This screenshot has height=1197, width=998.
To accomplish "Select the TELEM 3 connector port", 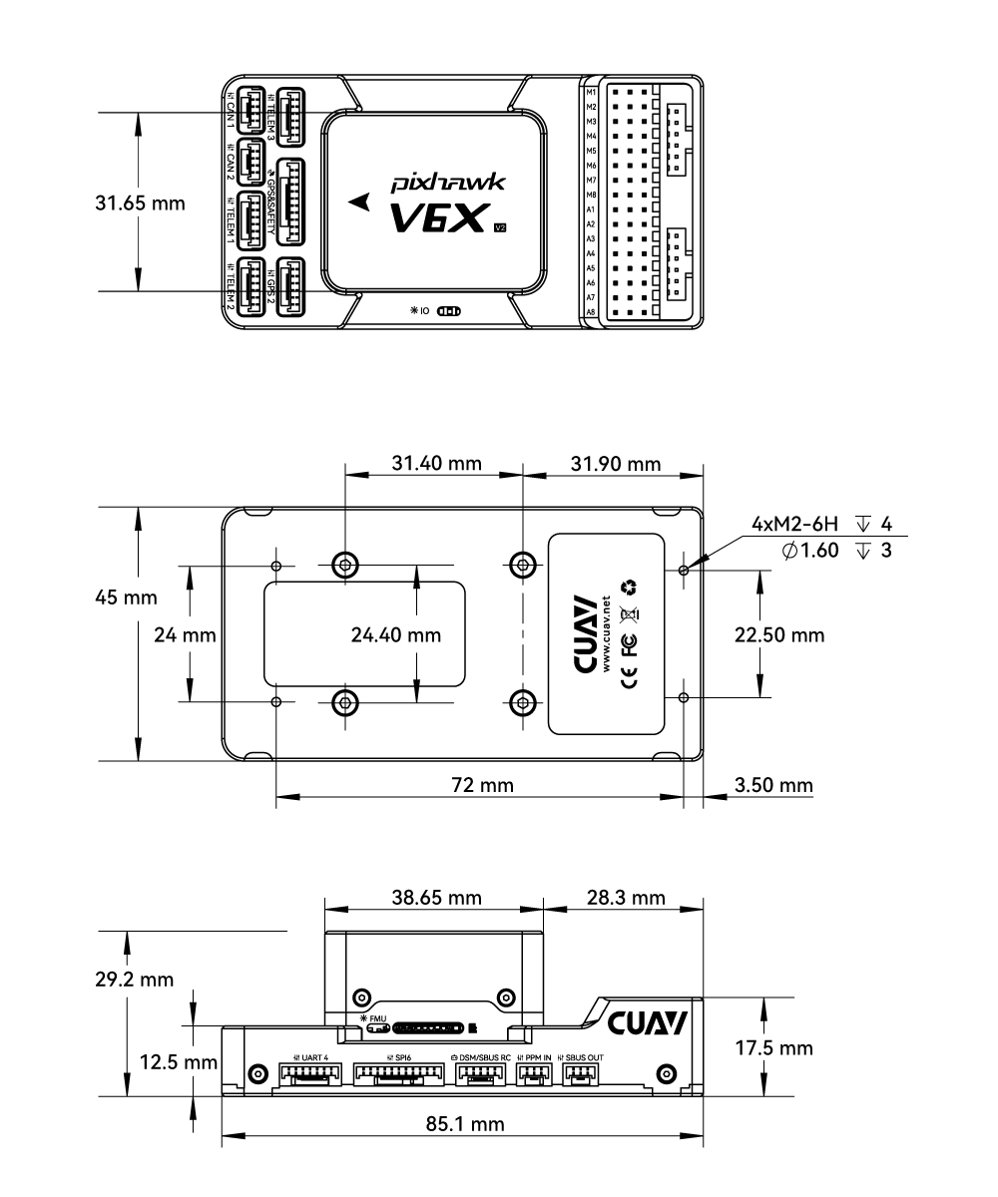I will [291, 116].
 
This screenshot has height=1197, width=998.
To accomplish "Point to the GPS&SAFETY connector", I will [292, 203].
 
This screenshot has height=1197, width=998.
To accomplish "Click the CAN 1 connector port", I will [247, 110].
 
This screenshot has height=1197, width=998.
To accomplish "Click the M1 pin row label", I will [591, 92].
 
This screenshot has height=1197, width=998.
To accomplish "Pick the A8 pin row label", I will [591, 312].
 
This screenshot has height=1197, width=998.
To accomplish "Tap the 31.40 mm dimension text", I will [435, 464].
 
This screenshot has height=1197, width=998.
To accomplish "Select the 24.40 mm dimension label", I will [396, 634].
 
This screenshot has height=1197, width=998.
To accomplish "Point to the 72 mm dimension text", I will [482, 785].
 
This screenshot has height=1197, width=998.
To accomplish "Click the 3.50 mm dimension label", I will [773, 785].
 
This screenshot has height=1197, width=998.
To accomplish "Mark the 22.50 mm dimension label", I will [779, 634].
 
